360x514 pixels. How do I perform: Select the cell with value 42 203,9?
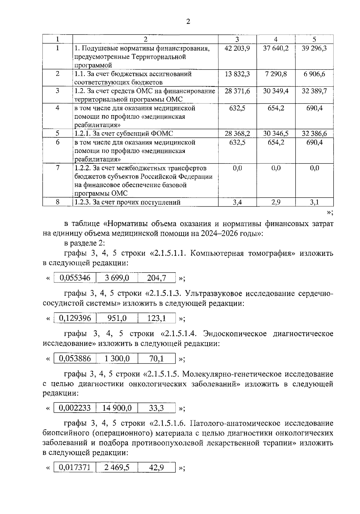(x=237, y=48)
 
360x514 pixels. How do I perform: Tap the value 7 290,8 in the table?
(x=276, y=74)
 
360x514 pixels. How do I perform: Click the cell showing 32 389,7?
(x=314, y=91)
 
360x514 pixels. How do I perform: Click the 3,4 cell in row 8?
(x=237, y=202)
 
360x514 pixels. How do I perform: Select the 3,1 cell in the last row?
(x=314, y=202)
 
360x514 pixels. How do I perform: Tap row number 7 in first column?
(x=57, y=168)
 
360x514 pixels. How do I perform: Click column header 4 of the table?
(x=276, y=39)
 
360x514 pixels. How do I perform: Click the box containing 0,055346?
(x=75, y=278)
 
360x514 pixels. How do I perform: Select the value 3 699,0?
(x=117, y=278)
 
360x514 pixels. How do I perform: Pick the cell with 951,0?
(x=117, y=318)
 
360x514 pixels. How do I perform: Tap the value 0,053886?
(x=75, y=358)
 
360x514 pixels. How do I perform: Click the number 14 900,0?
(x=117, y=408)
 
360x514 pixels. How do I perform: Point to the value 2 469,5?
(x=117, y=467)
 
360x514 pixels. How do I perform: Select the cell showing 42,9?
(x=156, y=467)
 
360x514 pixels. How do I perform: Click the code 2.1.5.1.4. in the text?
(x=181, y=334)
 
